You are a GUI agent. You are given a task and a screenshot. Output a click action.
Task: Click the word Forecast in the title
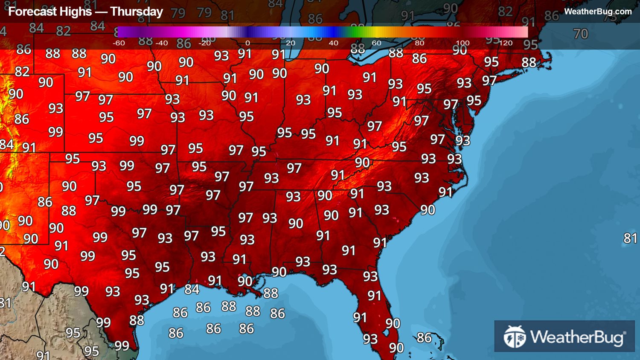tap(28, 12)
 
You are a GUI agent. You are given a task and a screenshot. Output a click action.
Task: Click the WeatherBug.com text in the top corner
tap(598, 12)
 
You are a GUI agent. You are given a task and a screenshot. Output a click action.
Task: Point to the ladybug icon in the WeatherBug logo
tap(515, 337)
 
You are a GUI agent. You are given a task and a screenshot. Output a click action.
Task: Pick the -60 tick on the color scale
tap(119, 43)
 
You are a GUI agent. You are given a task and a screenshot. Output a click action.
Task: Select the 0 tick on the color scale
tap(247, 43)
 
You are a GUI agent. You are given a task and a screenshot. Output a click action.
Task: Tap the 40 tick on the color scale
tap(333, 43)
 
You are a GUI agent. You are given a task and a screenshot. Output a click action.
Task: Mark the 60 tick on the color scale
tap(376, 43)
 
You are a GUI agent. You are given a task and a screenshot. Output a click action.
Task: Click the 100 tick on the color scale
tap(463, 43)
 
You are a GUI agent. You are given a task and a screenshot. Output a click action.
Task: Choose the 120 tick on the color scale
tap(505, 43)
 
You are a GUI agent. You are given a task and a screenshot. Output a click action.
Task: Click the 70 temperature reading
tap(580, 34)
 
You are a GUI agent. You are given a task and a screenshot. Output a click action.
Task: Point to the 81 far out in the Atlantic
tap(630, 238)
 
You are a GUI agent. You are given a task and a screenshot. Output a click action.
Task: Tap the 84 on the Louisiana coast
tap(192, 290)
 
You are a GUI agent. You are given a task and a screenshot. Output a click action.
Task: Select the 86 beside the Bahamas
tap(424, 338)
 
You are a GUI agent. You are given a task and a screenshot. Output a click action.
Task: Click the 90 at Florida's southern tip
tap(396, 348)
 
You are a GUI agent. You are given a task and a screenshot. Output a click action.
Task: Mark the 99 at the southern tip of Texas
tap(122, 346)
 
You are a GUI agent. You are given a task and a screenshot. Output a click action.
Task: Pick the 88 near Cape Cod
tap(529, 63)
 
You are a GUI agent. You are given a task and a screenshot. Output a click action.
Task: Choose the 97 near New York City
tap(489, 81)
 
